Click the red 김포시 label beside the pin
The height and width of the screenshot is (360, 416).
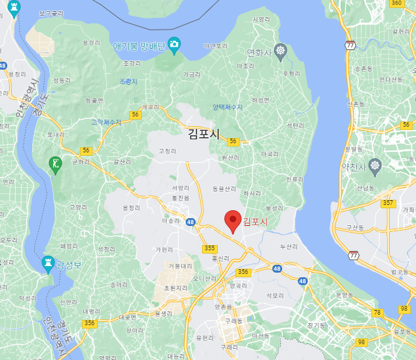coord(256,222)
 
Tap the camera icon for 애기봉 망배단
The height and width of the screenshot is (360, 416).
coord(174,45)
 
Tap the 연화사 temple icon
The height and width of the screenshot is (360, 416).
coord(280,51)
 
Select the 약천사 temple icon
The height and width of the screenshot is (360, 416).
coord(375,164)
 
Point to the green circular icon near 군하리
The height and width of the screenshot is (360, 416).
coord(56,162)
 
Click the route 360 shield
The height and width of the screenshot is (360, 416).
coord(396,3)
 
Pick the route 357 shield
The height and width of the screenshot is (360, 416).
coord(388,203)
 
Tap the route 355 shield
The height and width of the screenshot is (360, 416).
coord(209,248)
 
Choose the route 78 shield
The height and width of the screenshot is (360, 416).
coord(377,313)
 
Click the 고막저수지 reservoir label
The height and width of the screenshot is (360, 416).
coord(106,122)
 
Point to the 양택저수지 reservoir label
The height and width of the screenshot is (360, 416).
coord(228,106)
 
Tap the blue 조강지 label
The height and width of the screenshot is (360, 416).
coord(129,81)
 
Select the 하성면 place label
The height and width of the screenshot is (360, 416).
coord(261,100)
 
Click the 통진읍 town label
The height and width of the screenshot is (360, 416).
coord(180,197)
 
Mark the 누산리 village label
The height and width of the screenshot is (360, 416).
coord(289,247)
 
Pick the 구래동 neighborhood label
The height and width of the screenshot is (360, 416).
coord(232,320)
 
